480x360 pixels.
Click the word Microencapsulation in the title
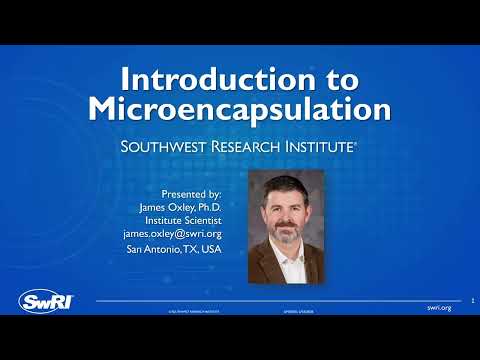point(239,108)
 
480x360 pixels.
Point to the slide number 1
point(471,297)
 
